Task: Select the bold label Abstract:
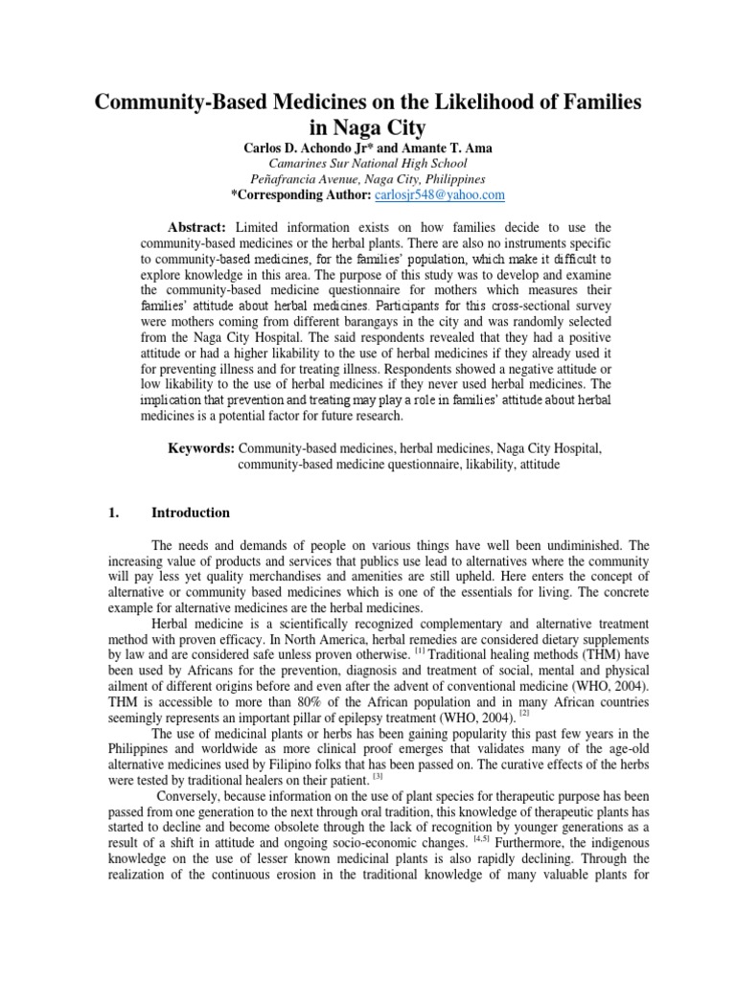pyautogui.click(x=196, y=226)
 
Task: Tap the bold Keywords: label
pyautogui.click(x=202, y=446)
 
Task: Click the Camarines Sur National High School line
pyautogui.click(x=368, y=162)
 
